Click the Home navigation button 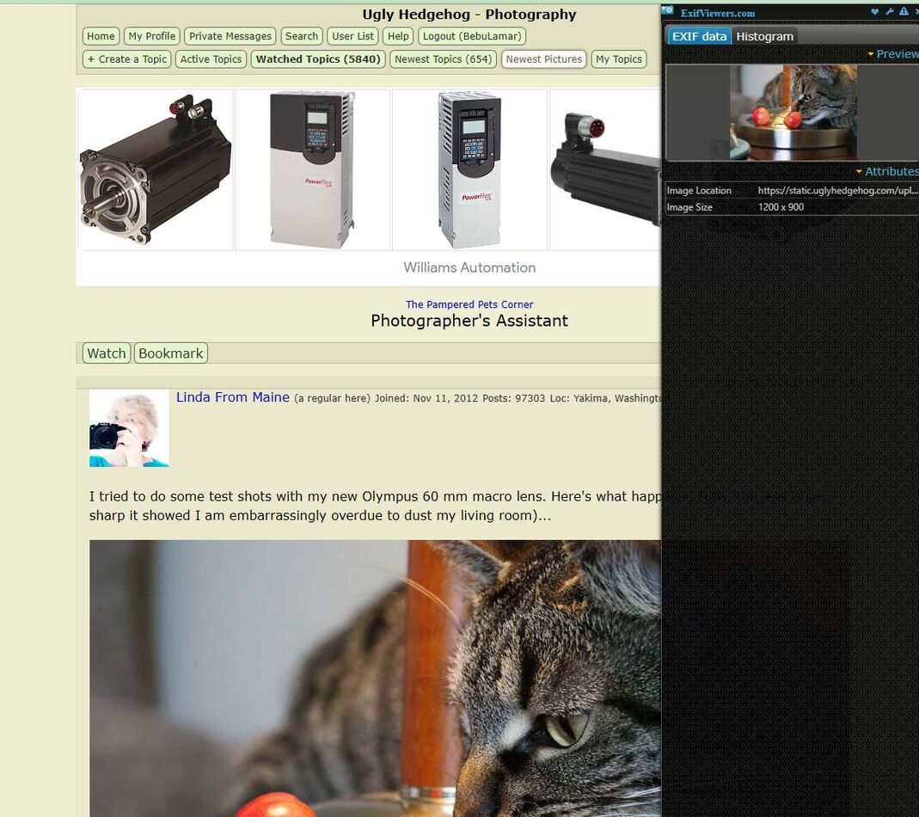coord(101,36)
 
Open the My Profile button coord(151,36)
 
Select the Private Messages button coord(230,36)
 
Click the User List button coord(353,36)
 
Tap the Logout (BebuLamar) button coord(472,36)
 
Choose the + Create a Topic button coord(127,59)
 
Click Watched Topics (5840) coord(318,59)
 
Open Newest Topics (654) coord(444,59)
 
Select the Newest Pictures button coord(544,59)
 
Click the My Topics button coord(619,59)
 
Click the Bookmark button coord(171,353)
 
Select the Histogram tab coord(764,36)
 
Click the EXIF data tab coord(699,36)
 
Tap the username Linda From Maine coord(233,397)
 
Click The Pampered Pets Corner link coord(469,304)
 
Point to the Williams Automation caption coord(469,267)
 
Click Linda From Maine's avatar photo coord(129,428)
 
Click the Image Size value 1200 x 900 coord(781,207)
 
